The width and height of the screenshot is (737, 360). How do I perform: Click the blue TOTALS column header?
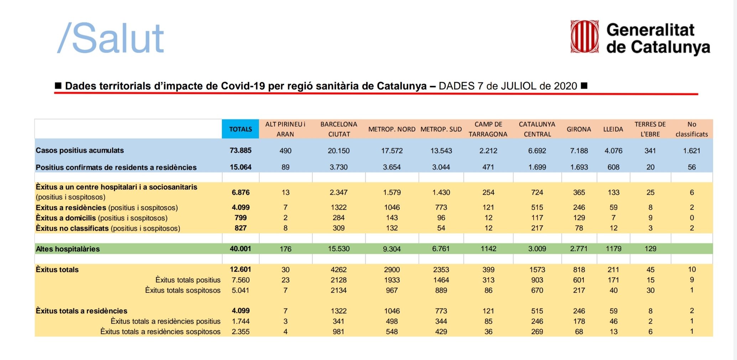point(240,129)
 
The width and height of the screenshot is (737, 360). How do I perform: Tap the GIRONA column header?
point(579,129)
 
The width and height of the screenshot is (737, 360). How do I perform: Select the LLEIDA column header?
point(613,129)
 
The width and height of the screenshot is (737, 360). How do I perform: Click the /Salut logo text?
point(111,38)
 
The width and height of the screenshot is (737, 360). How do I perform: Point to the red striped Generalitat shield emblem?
point(585,37)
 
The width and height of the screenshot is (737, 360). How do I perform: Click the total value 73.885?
point(240,150)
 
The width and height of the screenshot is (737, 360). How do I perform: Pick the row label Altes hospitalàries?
point(68,249)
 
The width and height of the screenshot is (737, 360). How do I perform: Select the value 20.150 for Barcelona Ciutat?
point(338,151)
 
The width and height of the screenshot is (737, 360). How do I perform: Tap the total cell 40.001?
point(240,249)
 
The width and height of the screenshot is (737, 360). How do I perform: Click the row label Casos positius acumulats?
point(80,150)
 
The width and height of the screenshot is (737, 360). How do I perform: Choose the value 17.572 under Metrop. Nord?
point(392,151)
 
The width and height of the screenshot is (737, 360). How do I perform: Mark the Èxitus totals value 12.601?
point(240,269)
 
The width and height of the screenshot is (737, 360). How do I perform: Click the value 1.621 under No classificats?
point(691,151)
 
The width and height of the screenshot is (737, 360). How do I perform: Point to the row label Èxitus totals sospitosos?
point(183,290)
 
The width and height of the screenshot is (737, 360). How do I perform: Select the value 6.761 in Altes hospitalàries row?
point(441,249)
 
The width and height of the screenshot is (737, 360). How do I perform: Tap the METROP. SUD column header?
point(441,129)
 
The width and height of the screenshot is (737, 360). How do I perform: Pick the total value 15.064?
point(240,167)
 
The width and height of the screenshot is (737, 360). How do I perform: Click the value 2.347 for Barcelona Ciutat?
point(338,192)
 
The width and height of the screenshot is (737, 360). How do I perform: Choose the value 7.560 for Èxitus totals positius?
point(240,280)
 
